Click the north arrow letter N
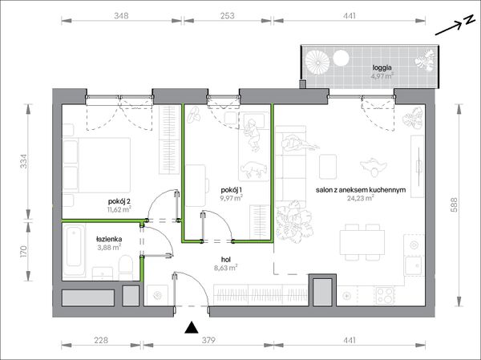click(x=468, y=21)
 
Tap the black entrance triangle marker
click(x=191, y=327)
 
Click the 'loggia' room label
click(x=382, y=68)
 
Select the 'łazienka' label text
click(x=109, y=239)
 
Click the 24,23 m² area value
click(x=360, y=198)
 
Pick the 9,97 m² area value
click(x=232, y=198)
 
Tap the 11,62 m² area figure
click(x=119, y=209)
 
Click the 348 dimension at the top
click(x=121, y=16)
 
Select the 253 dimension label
click(x=228, y=16)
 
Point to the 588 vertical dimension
click(x=454, y=204)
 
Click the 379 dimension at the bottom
click(x=208, y=340)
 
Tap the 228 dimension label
click(x=101, y=340)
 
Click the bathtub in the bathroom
click(x=74, y=250)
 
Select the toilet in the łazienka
click(x=126, y=267)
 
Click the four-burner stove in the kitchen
click(x=386, y=295)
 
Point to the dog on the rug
click(x=253, y=169)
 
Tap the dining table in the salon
click(x=362, y=242)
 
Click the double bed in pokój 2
click(x=97, y=165)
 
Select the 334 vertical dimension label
click(x=24, y=161)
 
